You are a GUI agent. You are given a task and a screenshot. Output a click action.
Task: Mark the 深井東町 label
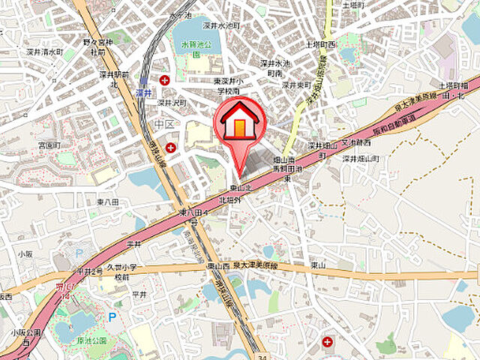click(297, 85)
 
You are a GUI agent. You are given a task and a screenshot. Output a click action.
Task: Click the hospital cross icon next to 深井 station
click(164, 79)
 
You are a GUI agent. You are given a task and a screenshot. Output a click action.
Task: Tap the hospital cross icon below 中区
click(172, 147)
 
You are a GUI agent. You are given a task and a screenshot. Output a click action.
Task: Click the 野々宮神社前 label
click(98, 48)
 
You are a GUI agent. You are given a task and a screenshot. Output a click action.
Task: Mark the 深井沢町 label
click(171, 102)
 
